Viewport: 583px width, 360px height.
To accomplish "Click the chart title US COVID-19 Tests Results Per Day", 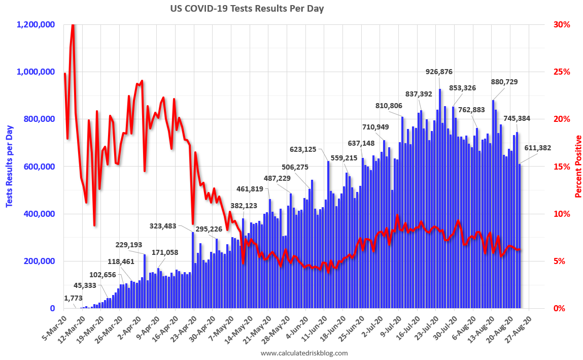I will click(x=247, y=9).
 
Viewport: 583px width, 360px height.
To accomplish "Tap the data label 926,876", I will click(x=439, y=72).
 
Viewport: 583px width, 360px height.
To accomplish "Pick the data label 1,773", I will click(x=74, y=298).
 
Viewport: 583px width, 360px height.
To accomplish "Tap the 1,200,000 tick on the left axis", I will click(x=36, y=24).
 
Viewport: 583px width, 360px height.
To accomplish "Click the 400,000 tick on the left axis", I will click(x=40, y=214).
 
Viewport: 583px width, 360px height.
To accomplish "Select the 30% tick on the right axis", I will click(x=561, y=24).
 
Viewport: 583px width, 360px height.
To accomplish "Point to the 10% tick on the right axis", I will click(x=561, y=214).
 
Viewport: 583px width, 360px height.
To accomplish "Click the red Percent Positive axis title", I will click(x=578, y=167).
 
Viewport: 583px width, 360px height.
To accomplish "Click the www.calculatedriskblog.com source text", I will click(x=304, y=353).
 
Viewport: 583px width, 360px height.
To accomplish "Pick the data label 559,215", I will click(x=344, y=158).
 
